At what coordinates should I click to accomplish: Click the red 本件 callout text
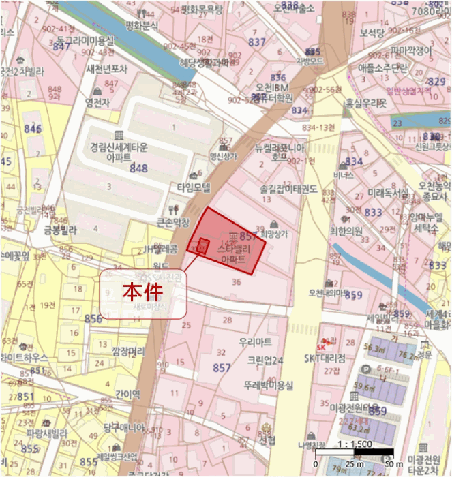[144, 292]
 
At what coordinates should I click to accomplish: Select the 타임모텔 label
[194, 187]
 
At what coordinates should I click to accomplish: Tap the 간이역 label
[127, 394]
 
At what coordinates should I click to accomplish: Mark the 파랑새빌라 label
[47, 433]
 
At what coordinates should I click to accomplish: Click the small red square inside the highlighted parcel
[202, 245]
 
